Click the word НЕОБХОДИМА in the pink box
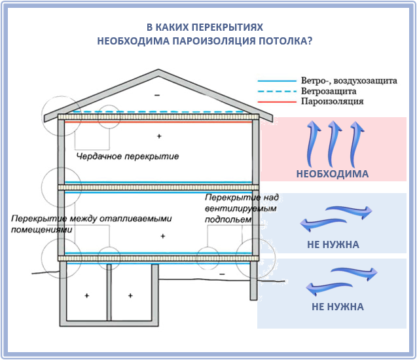pyautogui.click(x=333, y=174)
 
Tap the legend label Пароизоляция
pyautogui.click(x=332, y=101)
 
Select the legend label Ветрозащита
pyautogui.click(x=329, y=91)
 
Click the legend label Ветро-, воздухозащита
pyautogui.click(x=349, y=81)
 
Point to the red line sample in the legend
pyautogui.click(x=277, y=102)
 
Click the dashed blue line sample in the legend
pyautogui.click(x=277, y=92)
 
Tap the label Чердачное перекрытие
pyautogui.click(x=128, y=156)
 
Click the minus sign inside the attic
pyautogui.click(x=157, y=95)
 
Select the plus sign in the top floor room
pyautogui.click(x=159, y=136)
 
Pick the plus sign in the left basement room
pyautogui.click(x=86, y=296)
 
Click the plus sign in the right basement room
pyautogui.click(x=130, y=296)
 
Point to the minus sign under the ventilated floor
pyautogui.click(x=222, y=274)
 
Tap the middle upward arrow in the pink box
pyautogui.click(x=334, y=143)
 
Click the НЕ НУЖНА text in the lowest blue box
pyautogui.click(x=338, y=307)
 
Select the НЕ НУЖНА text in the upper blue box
pyautogui.click(x=333, y=245)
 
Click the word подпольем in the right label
pyautogui.click(x=228, y=220)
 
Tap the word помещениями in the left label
pyautogui.click(x=41, y=230)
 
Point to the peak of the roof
pyautogui.click(x=158, y=70)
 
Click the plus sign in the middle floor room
pyautogui.click(x=163, y=236)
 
